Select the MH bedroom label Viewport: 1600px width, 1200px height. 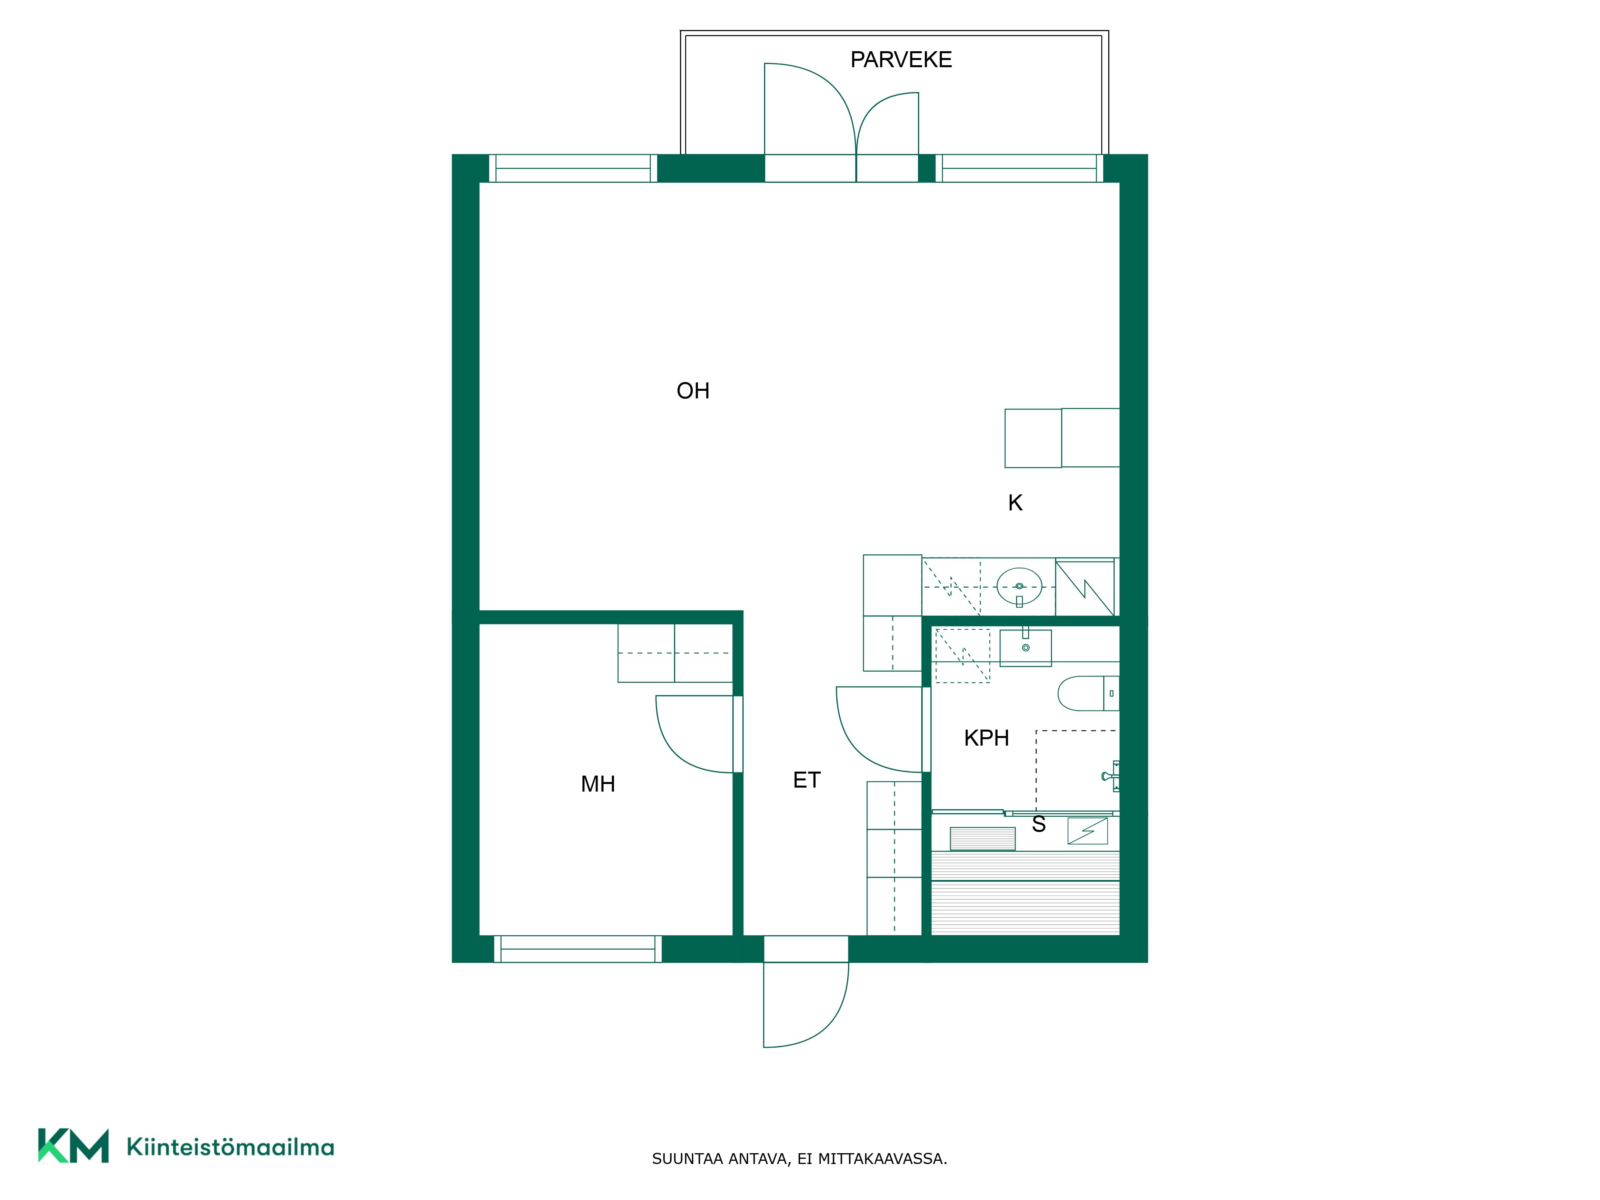point(598,784)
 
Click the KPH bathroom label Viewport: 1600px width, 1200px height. point(987,738)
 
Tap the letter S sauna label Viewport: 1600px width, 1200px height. point(1039,824)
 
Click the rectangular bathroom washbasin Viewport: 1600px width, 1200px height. point(1026,647)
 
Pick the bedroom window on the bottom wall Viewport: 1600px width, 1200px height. point(578,949)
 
